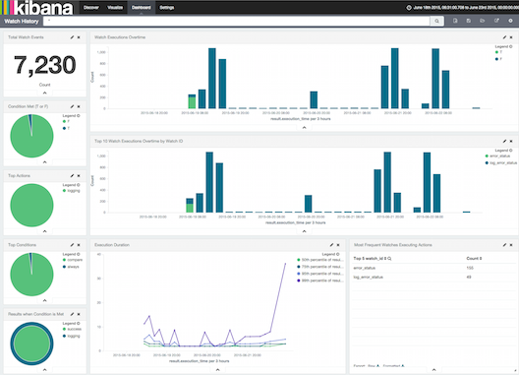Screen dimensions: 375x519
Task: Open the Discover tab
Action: pyautogui.click(x=90, y=7)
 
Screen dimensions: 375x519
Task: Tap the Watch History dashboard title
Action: pyautogui.click(x=24, y=20)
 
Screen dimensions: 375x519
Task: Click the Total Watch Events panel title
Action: pyautogui.click(x=27, y=36)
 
